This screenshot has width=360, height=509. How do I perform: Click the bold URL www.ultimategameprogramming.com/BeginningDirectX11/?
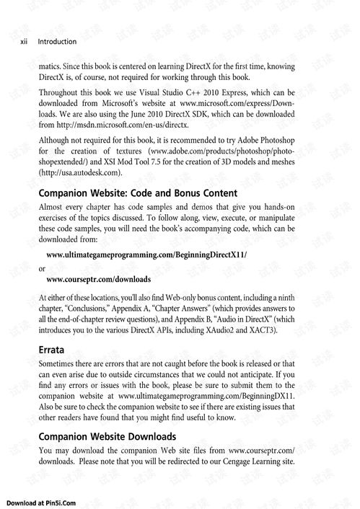point(146,254)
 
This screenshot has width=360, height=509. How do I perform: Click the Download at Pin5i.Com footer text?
point(41,501)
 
